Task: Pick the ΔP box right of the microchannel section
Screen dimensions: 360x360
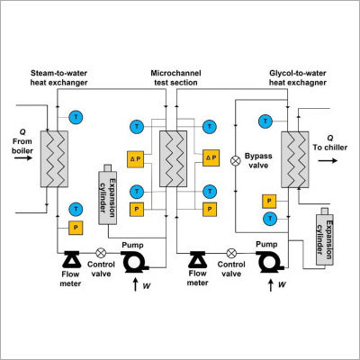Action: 211,157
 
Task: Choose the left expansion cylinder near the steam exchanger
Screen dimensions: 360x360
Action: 106,192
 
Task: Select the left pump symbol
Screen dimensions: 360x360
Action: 137,261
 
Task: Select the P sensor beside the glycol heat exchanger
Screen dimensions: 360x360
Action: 269,201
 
